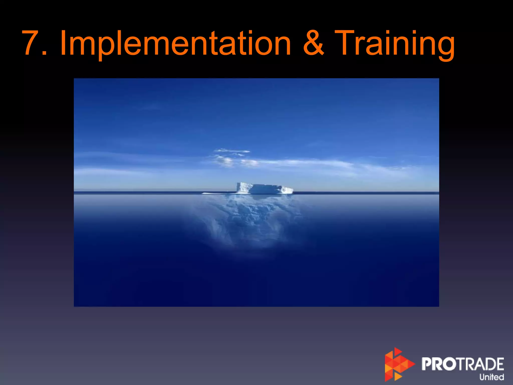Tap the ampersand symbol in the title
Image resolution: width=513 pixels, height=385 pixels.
(313, 43)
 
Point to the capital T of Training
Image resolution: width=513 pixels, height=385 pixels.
(347, 43)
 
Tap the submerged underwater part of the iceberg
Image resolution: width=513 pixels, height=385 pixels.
(250, 221)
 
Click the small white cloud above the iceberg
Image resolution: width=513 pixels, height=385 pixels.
(232, 151)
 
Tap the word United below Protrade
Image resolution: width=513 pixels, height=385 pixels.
(491, 377)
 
